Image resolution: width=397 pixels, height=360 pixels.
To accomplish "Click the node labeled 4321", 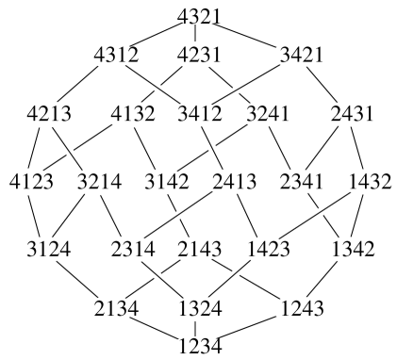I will point(199,15).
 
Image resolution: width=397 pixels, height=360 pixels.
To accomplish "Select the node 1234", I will point(199,347).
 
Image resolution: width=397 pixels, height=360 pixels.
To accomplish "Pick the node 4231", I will point(198,56).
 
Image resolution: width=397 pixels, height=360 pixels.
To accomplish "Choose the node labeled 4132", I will point(132,116).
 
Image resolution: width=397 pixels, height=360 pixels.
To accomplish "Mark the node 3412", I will point(198,116).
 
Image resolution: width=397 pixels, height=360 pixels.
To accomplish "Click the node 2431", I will point(350,116).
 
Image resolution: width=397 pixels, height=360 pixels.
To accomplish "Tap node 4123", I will point(31,180).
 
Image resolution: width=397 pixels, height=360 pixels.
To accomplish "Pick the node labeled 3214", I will point(97,180).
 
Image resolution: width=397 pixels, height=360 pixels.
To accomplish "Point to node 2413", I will point(229,180).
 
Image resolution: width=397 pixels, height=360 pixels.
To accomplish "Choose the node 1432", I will point(369,180).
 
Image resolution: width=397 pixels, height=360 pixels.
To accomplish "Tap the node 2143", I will point(198,250).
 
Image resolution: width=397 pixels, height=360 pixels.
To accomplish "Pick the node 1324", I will point(198,308).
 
